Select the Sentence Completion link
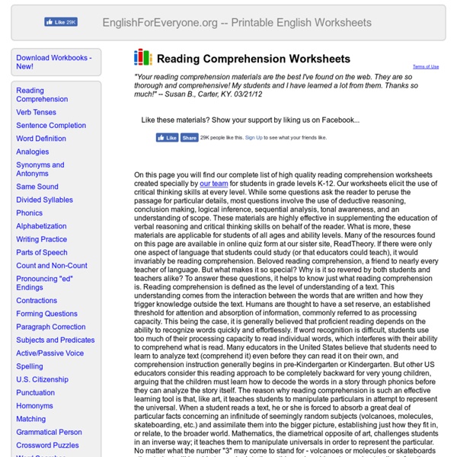point(51,125)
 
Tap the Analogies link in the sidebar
point(33,152)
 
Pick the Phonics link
point(30,213)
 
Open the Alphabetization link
point(41,226)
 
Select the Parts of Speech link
point(42,252)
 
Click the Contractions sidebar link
point(37,300)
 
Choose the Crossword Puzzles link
point(47,445)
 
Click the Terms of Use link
point(425,67)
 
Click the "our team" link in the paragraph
point(215,184)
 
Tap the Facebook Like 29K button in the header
point(60,23)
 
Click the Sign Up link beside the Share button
point(252,138)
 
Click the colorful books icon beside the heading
point(142,58)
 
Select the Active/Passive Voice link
point(50,353)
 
